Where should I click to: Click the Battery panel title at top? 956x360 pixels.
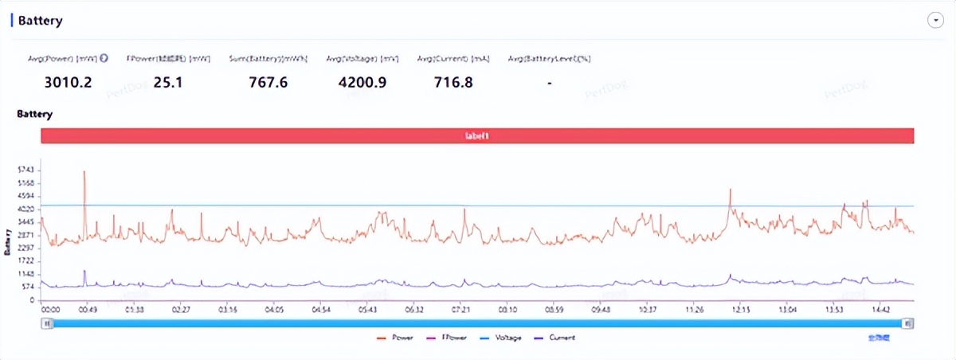coord(40,22)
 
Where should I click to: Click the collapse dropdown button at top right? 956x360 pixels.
coord(935,22)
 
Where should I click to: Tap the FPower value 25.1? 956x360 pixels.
coord(167,81)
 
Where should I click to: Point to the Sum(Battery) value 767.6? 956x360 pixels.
coord(268,81)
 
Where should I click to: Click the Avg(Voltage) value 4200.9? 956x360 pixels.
coord(362,81)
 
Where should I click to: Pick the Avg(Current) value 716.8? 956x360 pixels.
coord(453,81)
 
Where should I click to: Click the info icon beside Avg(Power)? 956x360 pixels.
coord(104,58)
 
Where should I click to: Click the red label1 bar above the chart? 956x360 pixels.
coord(477,136)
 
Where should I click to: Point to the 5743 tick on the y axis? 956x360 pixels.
coord(26,170)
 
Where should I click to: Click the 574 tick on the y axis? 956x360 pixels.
coord(28,287)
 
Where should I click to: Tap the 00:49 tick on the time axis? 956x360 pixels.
coord(88,309)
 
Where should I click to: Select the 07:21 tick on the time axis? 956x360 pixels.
coord(461,309)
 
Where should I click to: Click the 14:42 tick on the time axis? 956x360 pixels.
coord(881,309)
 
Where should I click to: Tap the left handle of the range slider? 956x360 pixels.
coord(48,323)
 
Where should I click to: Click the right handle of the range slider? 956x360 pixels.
coord(908,323)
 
